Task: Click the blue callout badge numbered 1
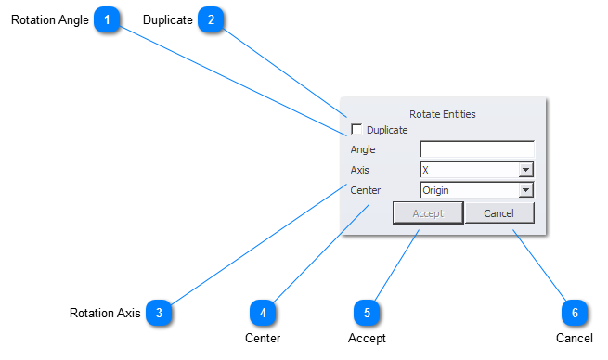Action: [x=109, y=19]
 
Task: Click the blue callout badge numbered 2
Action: [x=212, y=19]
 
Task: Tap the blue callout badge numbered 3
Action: [x=159, y=313]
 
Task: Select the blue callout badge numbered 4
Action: [x=263, y=313]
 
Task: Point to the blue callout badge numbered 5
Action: [x=367, y=313]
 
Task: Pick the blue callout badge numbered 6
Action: [x=575, y=313]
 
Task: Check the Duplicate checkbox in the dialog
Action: [x=356, y=130]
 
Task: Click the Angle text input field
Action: [x=477, y=149]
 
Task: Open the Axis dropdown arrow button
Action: [x=525, y=170]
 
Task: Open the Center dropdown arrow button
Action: [x=525, y=190]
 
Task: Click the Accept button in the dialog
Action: [x=428, y=213]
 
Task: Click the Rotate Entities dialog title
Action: [x=443, y=114]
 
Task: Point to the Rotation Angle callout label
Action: [x=50, y=19]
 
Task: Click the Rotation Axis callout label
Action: [x=105, y=314]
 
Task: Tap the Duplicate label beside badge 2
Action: [x=167, y=19]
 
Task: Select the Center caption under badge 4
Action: [x=263, y=338]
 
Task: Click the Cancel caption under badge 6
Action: [x=574, y=338]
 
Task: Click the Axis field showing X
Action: [x=468, y=170]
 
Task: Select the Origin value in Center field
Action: [x=468, y=190]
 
